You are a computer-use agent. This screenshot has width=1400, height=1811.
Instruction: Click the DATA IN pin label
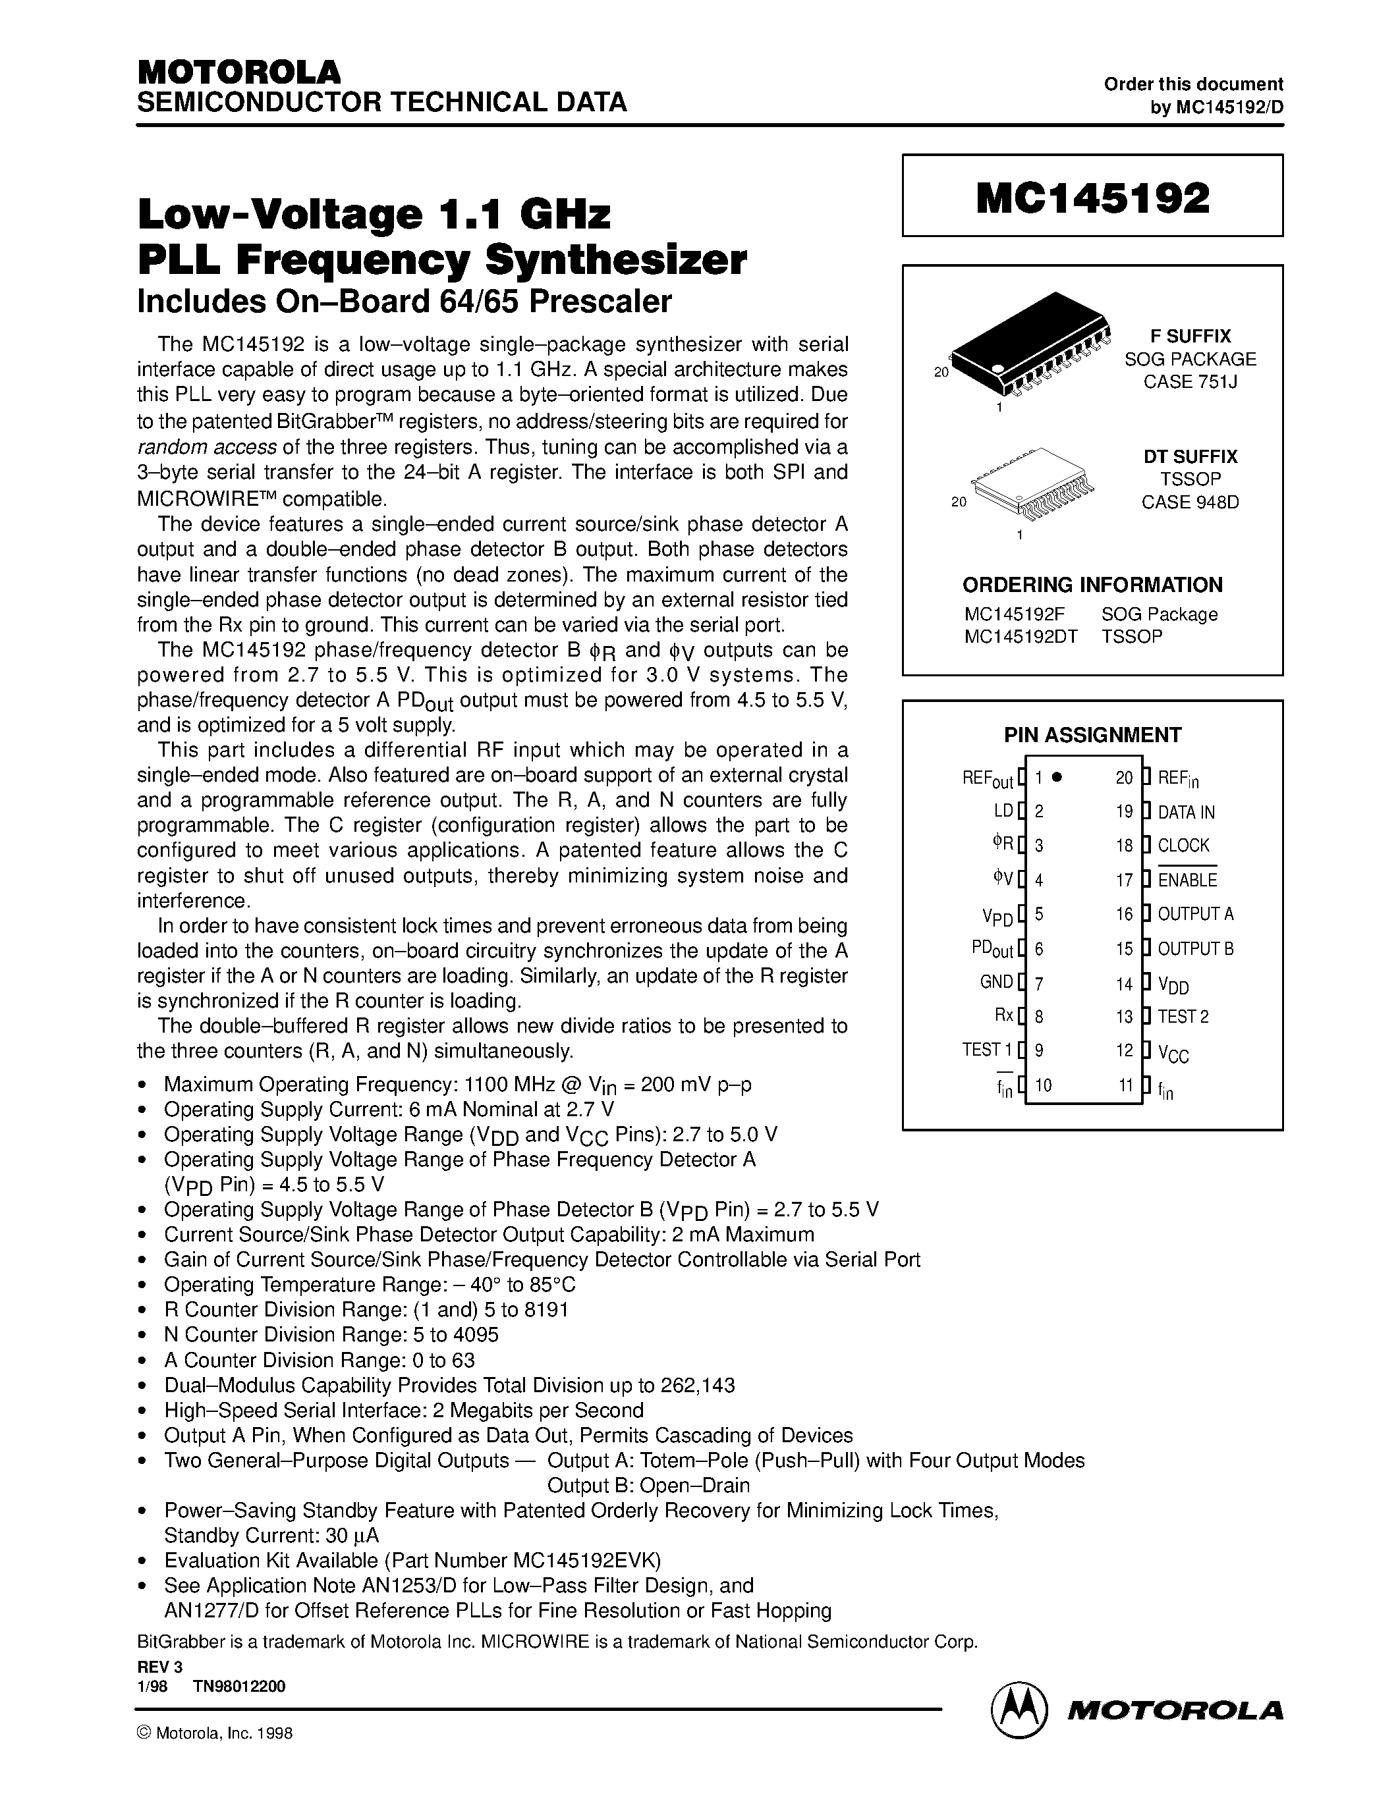point(1186,813)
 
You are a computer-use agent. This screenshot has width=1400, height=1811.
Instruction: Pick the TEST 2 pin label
point(1183,1017)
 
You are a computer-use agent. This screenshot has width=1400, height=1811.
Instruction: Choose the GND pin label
point(996,983)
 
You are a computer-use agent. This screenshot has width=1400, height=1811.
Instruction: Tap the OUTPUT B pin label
point(1195,948)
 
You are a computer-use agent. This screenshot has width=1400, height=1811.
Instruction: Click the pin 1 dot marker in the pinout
point(1057,778)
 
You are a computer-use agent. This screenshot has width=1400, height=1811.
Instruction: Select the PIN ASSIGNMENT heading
point(1092,735)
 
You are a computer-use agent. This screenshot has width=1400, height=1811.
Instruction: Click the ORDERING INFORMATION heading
point(1092,585)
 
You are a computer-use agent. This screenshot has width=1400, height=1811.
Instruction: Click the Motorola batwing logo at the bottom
point(1019,1710)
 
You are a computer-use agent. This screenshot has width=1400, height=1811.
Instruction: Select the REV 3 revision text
point(159,1667)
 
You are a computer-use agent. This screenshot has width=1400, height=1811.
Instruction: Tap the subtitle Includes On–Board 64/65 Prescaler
point(404,301)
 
